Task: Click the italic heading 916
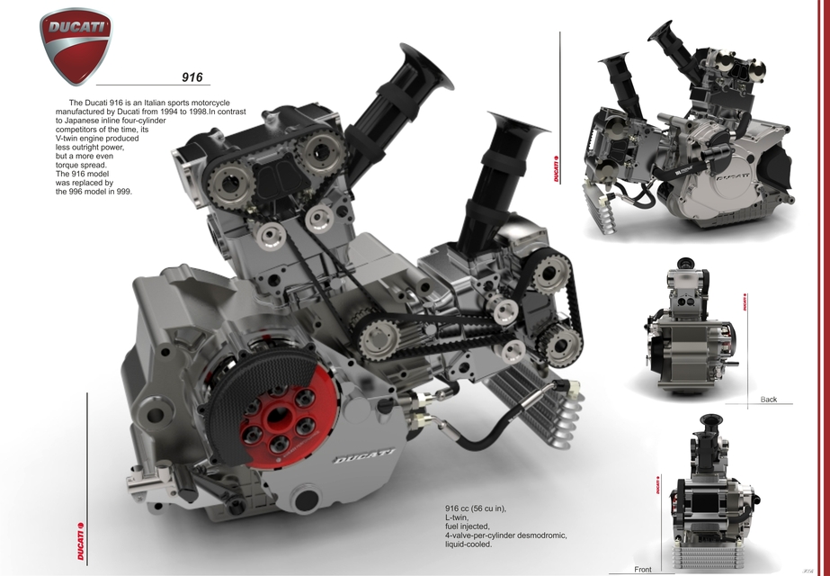pos(192,78)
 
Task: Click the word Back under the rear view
pos(768,399)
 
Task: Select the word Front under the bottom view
pos(643,570)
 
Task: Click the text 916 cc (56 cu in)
pos(476,509)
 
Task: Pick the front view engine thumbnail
pos(710,495)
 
